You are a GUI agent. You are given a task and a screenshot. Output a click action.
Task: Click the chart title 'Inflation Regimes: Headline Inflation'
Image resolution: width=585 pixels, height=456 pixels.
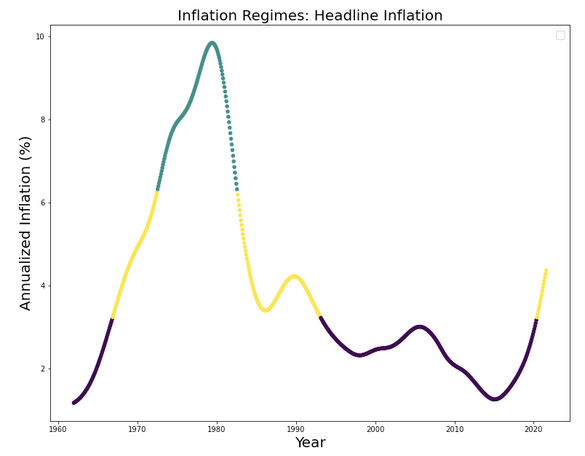pos(310,16)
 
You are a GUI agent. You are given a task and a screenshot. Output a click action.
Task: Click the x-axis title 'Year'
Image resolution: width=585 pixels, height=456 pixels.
pos(310,443)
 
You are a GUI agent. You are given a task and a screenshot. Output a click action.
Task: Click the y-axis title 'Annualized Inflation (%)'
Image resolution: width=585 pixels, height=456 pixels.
pos(26,223)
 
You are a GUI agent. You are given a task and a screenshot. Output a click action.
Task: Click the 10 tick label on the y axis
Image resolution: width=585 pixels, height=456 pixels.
pos(40,36)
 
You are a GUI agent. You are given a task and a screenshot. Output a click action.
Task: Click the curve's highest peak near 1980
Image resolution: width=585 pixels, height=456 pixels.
pos(212,43)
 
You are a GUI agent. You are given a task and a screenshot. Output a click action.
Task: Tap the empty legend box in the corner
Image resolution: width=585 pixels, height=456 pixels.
pos(560,35)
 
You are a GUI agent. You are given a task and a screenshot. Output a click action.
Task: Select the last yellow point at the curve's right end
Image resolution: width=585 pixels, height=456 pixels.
pos(546,270)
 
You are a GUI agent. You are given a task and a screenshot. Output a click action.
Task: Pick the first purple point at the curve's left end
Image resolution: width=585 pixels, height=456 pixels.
pos(73,402)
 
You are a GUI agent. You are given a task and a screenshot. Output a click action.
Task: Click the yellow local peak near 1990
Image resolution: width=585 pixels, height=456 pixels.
pos(293,276)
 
